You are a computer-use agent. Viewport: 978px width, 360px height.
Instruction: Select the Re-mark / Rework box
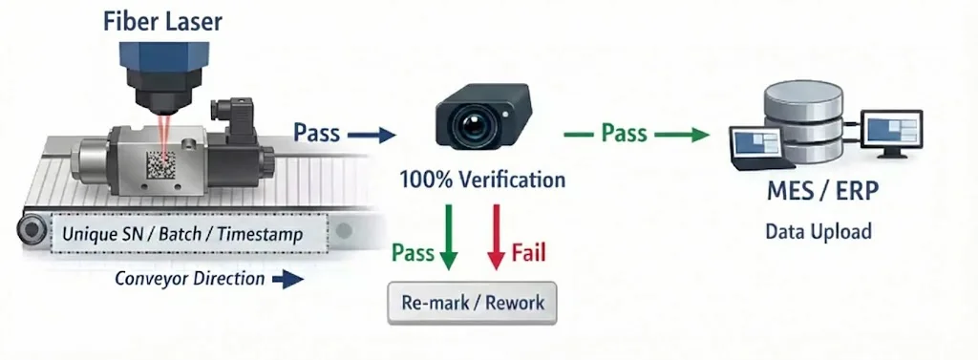(x=473, y=304)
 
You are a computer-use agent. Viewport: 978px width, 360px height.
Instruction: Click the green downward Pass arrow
(x=448, y=236)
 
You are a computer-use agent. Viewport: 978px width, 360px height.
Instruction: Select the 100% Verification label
(x=482, y=180)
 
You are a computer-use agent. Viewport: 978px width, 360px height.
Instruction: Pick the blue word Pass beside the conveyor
(x=316, y=133)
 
